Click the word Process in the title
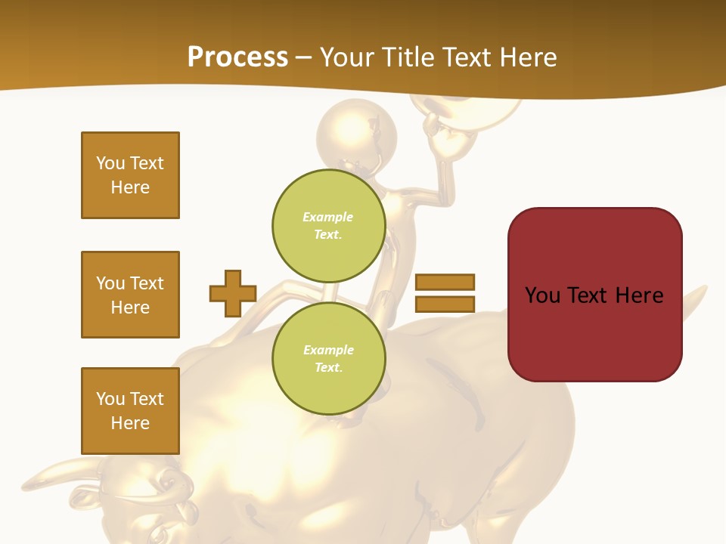pos(237,57)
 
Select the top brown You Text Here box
pos(130,175)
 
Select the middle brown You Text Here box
pos(130,295)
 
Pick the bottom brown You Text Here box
pos(130,411)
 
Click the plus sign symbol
pos(233,293)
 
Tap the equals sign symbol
pos(445,293)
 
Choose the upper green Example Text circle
pos(328,226)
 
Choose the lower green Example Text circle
pos(328,359)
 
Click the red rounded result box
pos(594,295)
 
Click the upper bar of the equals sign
pos(445,282)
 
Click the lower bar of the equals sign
pos(445,304)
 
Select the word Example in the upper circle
pos(328,217)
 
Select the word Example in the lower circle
pos(328,350)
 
